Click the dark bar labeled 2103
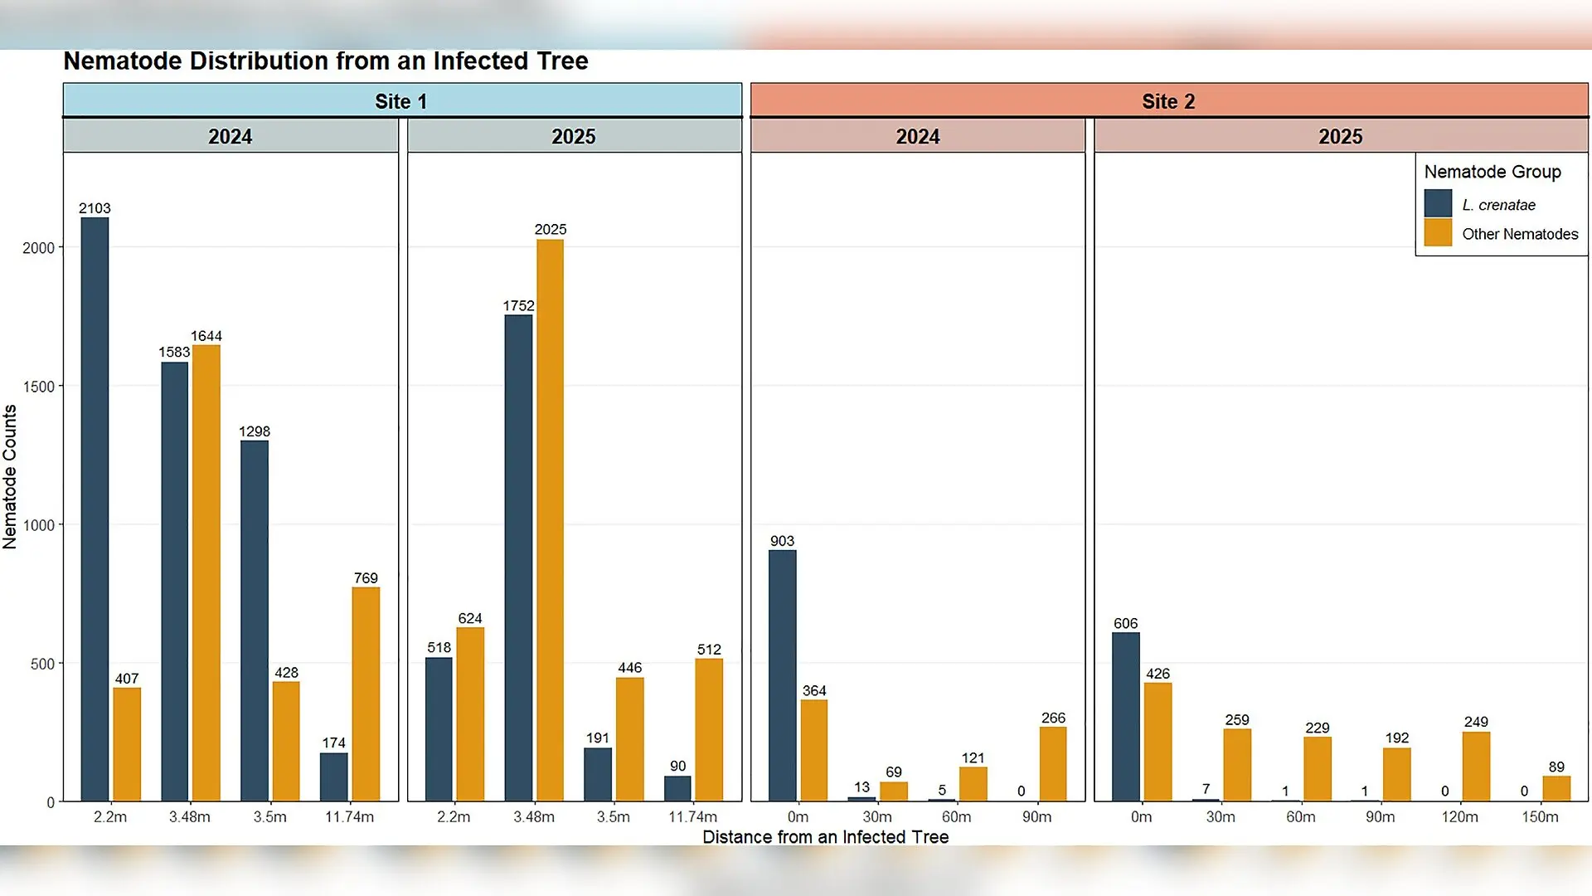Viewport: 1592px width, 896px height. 95,509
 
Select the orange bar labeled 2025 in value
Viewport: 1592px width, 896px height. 550,520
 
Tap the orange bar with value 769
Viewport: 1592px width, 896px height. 366,694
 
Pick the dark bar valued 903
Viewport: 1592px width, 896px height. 782,676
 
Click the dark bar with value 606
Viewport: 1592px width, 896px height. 1126,717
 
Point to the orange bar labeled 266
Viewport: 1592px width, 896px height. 1053,764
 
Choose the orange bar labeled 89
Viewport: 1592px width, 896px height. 1556,789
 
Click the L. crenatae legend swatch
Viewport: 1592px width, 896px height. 1439,203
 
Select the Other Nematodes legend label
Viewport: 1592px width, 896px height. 1520,234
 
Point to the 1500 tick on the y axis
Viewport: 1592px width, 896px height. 38,387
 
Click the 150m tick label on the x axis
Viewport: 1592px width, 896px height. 1540,817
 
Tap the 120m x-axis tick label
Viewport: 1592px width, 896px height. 1459,817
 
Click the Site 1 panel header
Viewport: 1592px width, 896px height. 402,100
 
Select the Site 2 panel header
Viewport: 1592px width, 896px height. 1169,100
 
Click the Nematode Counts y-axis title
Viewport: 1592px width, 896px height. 10,477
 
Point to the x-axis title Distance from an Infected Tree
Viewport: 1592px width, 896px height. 825,837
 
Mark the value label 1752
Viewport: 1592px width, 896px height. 518,305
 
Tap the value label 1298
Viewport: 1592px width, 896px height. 255,431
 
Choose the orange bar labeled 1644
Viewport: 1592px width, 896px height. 206,573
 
